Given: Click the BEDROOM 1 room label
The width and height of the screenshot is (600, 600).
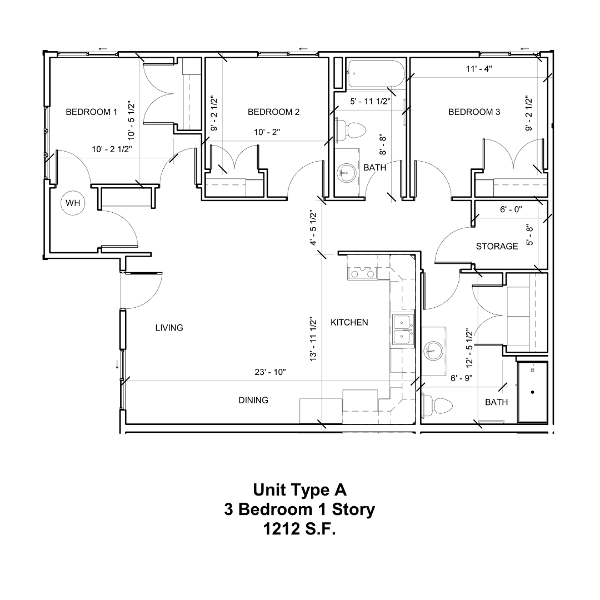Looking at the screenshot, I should pos(92,112).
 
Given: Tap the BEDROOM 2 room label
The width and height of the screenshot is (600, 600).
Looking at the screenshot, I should pos(273,112).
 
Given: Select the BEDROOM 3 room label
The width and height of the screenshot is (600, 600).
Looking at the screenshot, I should pos(474,112).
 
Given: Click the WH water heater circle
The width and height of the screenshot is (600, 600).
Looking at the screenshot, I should pos(73,203).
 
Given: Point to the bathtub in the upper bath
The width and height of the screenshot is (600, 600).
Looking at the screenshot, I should pos(373,74).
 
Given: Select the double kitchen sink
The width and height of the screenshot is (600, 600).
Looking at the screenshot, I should pos(402,329).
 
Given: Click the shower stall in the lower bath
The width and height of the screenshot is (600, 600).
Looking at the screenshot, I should pos(532,392).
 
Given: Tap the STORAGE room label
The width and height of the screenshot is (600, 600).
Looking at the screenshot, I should pos(497,246).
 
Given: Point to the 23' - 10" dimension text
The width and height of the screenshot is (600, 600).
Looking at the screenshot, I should pos(270,372).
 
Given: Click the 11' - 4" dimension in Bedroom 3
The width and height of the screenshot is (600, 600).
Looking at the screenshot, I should pos(478,69).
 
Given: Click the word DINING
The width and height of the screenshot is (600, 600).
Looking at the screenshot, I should pos(253,400).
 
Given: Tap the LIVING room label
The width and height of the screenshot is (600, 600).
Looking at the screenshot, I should pos(169,328).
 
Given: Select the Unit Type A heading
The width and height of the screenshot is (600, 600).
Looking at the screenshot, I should pos(299,489).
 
